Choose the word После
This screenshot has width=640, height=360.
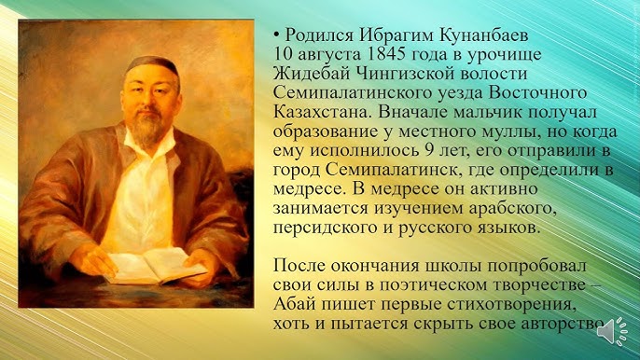click(299, 265)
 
